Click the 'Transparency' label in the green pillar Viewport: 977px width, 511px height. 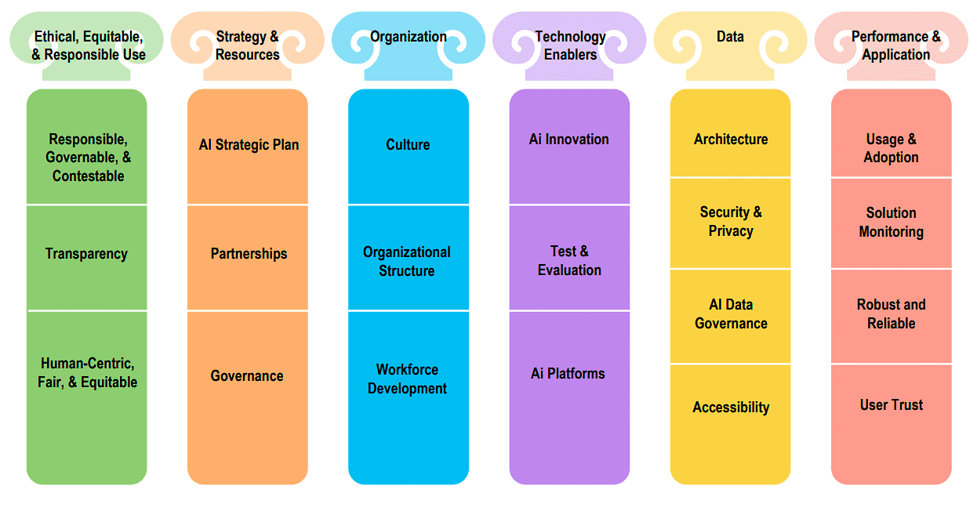pyautogui.click(x=86, y=253)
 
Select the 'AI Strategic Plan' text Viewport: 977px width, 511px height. pyautogui.click(x=249, y=144)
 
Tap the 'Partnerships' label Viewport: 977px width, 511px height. pyautogui.click(x=249, y=253)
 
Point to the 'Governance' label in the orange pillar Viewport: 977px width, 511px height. pyautogui.click(x=247, y=375)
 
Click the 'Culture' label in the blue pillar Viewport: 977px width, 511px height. pyautogui.click(x=408, y=144)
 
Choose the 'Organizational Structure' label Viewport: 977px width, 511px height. pyautogui.click(x=406, y=261)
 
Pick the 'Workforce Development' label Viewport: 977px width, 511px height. pyautogui.click(x=407, y=379)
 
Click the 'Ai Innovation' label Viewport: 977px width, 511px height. pyautogui.click(x=568, y=139)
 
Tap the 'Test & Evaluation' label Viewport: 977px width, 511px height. pyautogui.click(x=569, y=260)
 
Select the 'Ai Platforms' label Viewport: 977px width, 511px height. pyautogui.click(x=568, y=373)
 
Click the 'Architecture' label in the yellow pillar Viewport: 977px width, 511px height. pyautogui.click(x=731, y=139)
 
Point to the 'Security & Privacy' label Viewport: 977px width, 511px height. pyautogui.click(x=731, y=221)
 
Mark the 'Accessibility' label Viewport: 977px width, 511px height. pyautogui.click(x=731, y=407)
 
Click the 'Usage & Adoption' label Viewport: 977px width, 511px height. pyautogui.click(x=891, y=148)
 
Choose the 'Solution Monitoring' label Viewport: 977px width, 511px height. pyautogui.click(x=891, y=222)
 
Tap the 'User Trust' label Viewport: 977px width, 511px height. pyautogui.click(x=891, y=404)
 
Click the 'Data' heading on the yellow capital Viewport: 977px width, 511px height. pyautogui.click(x=730, y=36)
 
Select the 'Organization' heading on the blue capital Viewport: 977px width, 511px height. pyautogui.click(x=409, y=36)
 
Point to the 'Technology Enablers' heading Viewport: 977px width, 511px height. pyautogui.click(x=570, y=45)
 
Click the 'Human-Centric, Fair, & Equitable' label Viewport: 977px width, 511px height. pyautogui.click(x=87, y=373)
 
